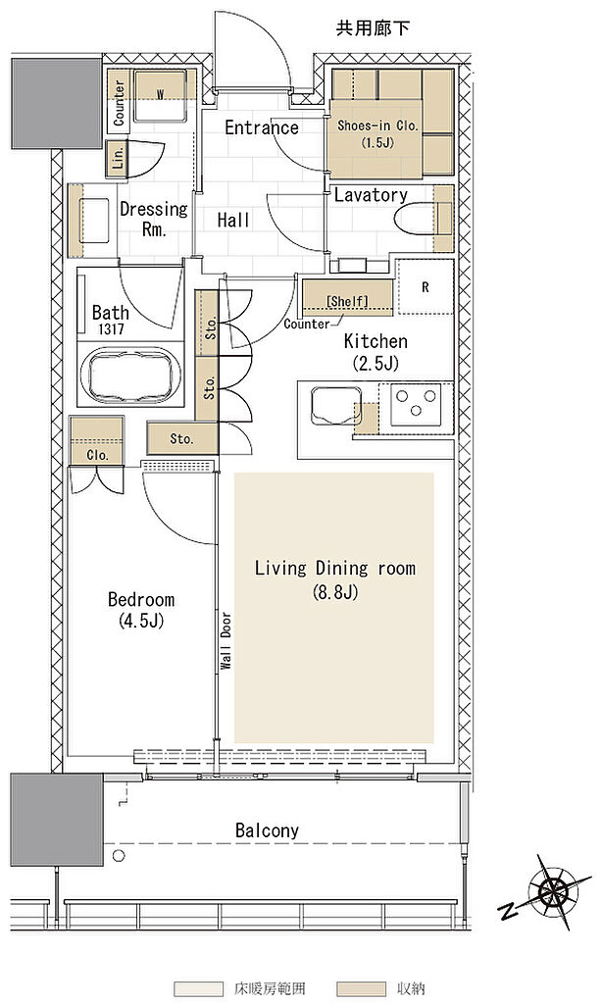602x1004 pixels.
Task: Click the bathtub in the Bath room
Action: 130,376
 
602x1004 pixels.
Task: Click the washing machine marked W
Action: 160,95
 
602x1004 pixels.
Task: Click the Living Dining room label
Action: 335,568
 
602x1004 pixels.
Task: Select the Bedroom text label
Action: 141,599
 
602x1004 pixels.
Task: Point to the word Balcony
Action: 267,831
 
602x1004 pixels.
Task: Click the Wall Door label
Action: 226,641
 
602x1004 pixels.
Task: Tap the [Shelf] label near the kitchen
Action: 347,301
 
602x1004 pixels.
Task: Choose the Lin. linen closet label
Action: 118,156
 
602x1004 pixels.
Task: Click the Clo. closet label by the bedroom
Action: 97,455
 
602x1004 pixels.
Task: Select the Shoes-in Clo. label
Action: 377,125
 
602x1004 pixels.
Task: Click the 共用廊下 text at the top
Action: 373,28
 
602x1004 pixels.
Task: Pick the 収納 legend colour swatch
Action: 360,988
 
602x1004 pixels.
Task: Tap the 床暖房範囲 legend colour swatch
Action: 198,988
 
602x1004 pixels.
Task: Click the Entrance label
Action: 262,127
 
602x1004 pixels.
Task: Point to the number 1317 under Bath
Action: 110,329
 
